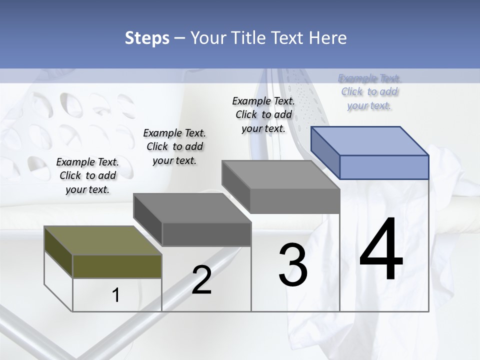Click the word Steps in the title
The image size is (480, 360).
point(146,38)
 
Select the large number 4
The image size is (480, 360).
point(381,249)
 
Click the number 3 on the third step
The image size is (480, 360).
point(293,265)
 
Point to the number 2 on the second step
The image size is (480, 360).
point(201,280)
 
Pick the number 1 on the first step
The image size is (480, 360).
point(116,295)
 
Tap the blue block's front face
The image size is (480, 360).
point(384,167)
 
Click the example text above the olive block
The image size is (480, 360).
point(87,175)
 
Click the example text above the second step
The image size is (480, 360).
point(174,146)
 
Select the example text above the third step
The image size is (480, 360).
point(263,114)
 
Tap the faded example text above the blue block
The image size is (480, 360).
point(369,91)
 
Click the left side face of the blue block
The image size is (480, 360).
point(325,152)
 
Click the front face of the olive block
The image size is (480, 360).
point(117,266)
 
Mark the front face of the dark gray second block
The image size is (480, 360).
point(206,234)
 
